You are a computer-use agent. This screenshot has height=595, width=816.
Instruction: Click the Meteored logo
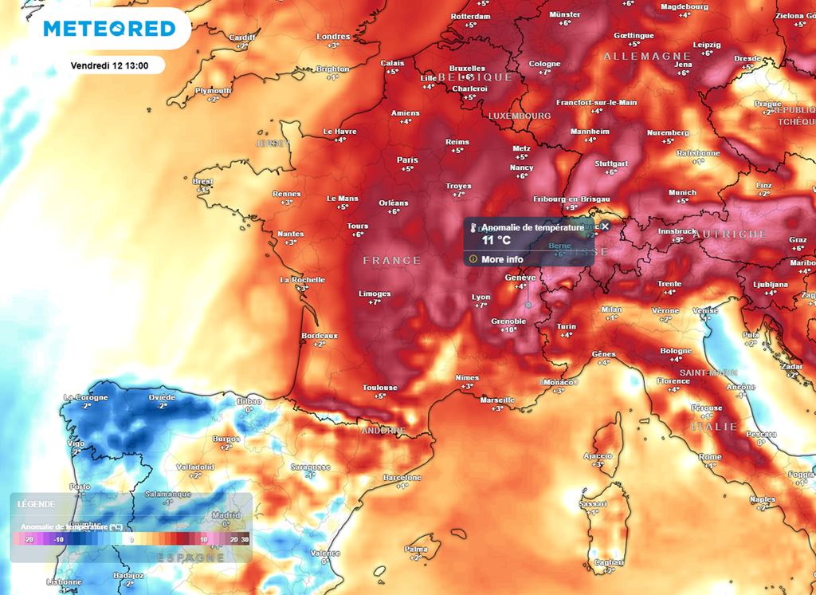[109, 29]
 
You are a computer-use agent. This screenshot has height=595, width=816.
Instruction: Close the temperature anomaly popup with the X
[605, 227]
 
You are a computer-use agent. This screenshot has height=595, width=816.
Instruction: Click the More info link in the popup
[502, 259]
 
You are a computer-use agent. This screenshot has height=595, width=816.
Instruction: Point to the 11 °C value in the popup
[496, 240]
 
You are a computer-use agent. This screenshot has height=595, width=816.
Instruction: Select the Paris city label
[407, 160]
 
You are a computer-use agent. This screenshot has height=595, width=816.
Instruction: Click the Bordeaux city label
[320, 336]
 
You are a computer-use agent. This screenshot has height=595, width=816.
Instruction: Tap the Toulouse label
[379, 388]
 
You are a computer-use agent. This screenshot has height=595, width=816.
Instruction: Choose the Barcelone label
[402, 477]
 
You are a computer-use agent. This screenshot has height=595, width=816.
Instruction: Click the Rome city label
[710, 456]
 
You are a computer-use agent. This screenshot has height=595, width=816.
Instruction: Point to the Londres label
[333, 37]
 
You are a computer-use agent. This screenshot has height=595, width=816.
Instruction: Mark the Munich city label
[682, 192]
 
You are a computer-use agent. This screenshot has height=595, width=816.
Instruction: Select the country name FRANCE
[391, 261]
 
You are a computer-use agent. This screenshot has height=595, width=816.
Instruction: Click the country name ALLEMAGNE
[647, 57]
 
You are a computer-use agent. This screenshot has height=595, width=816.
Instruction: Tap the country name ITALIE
[715, 427]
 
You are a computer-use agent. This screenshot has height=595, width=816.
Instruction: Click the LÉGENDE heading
[37, 504]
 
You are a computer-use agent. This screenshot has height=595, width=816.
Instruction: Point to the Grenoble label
[508, 321]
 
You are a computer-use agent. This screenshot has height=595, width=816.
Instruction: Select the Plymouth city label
[213, 91]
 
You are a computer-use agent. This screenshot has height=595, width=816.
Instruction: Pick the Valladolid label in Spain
[195, 467]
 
